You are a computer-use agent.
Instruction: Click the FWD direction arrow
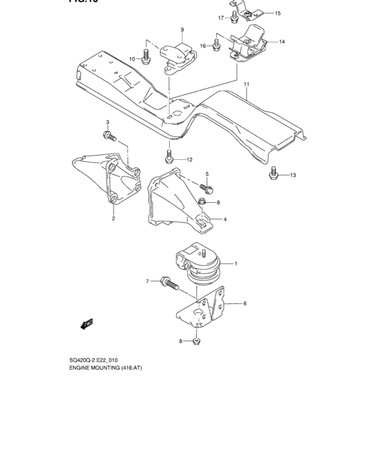pyautogui.click(x=87, y=325)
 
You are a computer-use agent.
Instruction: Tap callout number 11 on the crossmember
pyautogui.click(x=247, y=85)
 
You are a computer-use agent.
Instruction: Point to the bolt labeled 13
pyautogui.click(x=273, y=175)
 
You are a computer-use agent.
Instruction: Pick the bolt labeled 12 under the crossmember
pyautogui.click(x=169, y=159)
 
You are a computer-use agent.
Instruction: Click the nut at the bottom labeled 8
pyautogui.click(x=196, y=342)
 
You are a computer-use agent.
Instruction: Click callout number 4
pyautogui.click(x=225, y=220)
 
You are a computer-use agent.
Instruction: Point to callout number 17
pyautogui.click(x=220, y=17)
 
